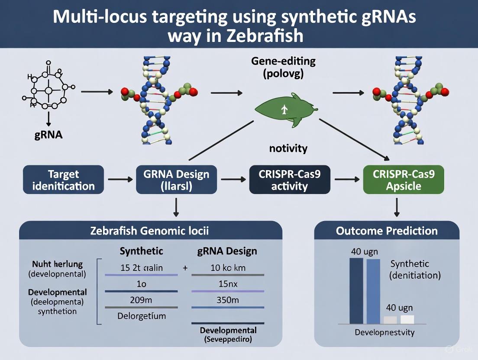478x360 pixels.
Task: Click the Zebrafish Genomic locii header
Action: (149, 231)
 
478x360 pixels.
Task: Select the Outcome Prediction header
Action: (387, 231)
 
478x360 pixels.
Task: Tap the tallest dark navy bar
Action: (356, 291)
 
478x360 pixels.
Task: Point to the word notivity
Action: (288, 149)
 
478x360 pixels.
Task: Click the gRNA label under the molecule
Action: (48, 135)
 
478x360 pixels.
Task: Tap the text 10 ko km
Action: (228, 268)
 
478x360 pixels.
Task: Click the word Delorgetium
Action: (142, 316)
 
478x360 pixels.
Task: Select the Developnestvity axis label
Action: (384, 332)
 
